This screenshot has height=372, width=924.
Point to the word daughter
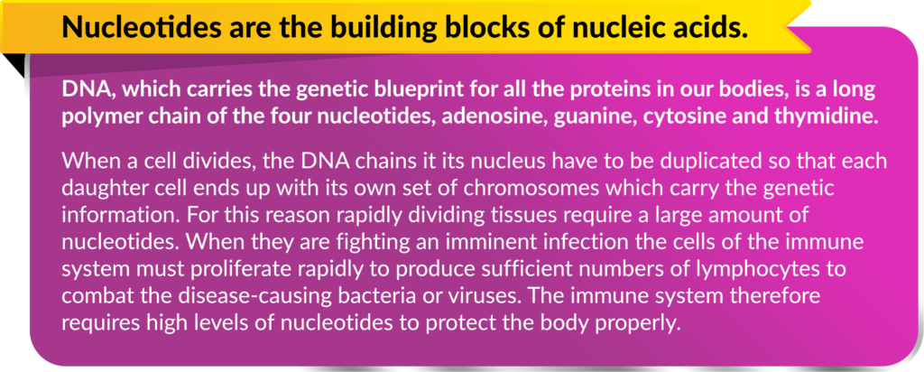(105, 186)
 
